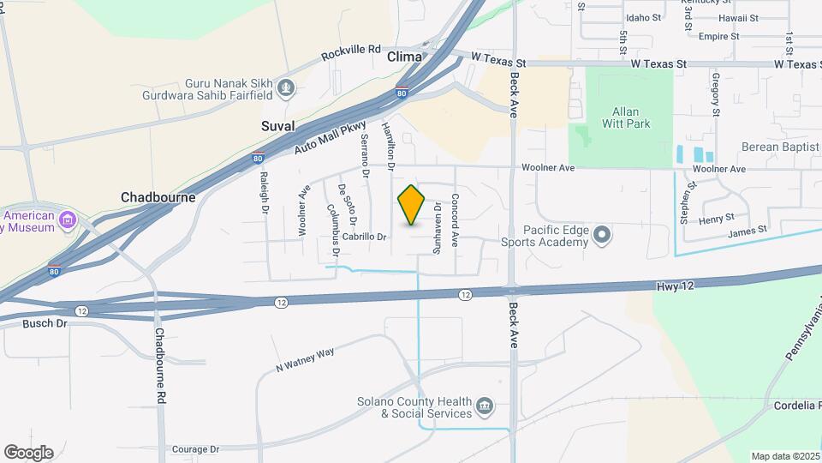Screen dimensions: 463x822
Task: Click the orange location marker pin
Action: pyautogui.click(x=412, y=205)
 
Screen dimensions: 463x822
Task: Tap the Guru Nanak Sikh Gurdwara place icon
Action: pyautogui.click(x=287, y=86)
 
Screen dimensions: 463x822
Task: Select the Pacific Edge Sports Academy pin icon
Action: pyautogui.click(x=602, y=234)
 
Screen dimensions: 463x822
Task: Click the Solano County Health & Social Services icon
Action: pyautogui.click(x=485, y=405)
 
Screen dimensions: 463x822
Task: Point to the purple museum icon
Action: pyautogui.click(x=68, y=222)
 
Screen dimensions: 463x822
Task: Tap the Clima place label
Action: pyautogui.click(x=404, y=57)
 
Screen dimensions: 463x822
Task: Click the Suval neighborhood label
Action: pyautogui.click(x=277, y=126)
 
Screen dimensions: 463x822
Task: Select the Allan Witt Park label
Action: pyautogui.click(x=631, y=117)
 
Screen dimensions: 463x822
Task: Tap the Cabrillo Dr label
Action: pyautogui.click(x=365, y=237)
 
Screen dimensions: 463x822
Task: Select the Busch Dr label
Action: pyautogui.click(x=45, y=323)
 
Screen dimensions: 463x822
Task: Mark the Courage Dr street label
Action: pyautogui.click(x=195, y=448)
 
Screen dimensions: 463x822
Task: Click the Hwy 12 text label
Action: pyautogui.click(x=676, y=286)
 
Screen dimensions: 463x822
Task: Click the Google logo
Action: pyautogui.click(x=28, y=452)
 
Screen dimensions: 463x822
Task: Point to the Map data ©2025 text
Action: pyautogui.click(x=784, y=456)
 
